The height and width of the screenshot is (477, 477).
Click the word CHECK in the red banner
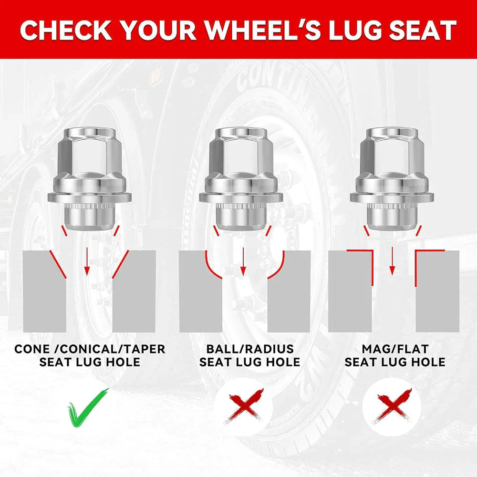66,31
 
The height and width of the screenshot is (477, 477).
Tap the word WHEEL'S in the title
262,30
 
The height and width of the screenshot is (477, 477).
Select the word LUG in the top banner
355,31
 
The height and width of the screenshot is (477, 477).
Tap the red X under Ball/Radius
243,406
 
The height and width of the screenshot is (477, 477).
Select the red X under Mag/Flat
393,406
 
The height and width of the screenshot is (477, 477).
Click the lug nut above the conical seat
90,179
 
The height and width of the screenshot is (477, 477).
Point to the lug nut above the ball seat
241,179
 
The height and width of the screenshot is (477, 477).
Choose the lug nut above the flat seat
392,179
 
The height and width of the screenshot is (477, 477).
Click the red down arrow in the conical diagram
87,261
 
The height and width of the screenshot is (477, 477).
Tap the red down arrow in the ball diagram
243,261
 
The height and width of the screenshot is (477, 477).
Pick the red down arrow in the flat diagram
392,261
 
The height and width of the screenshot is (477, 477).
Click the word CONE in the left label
32,349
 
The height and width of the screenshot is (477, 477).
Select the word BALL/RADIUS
250,349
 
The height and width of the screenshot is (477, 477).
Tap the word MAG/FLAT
395,349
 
